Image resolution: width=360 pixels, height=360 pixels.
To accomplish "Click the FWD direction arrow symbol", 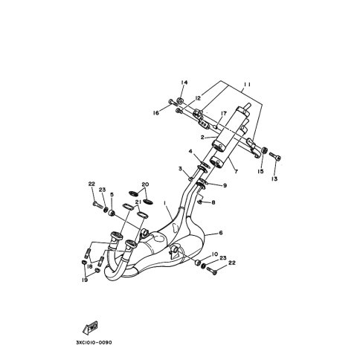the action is point(90,328).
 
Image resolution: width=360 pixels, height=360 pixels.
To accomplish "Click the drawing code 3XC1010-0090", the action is point(94,343).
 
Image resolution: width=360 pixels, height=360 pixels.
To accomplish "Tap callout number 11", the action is point(246,85).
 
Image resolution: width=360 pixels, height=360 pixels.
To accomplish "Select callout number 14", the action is point(184,83).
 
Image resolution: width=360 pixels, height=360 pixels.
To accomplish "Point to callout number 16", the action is point(156,113).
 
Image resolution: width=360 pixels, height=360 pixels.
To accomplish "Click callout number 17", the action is point(224,114).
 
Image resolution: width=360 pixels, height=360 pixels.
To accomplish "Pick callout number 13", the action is point(274,179).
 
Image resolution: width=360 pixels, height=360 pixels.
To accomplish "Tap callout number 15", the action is point(260,171).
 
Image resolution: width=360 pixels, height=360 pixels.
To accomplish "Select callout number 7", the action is point(236,171).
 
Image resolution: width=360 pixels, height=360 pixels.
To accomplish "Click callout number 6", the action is point(221,233).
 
